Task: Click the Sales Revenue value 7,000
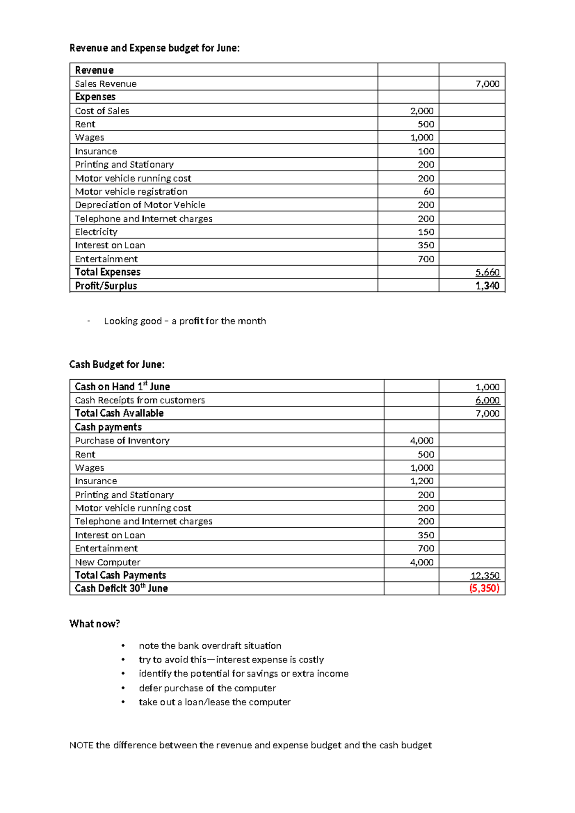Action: [x=487, y=84]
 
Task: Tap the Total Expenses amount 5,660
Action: [x=487, y=272]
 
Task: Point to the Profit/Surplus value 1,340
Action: [x=487, y=286]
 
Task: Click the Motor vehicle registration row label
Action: [x=131, y=192]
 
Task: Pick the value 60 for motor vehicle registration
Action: [x=428, y=192]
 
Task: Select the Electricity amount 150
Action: [x=425, y=232]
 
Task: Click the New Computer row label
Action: [x=108, y=562]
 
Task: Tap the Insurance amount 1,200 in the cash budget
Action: [x=422, y=481]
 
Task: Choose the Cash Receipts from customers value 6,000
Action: [x=487, y=400]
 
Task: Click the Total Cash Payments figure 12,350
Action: [x=485, y=575]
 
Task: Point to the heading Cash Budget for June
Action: [x=117, y=364]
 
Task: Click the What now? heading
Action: [x=94, y=624]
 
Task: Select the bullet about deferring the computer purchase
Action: [x=207, y=688]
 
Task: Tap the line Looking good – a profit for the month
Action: [x=184, y=321]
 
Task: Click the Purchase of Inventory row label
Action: [x=122, y=441]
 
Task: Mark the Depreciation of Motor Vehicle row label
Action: [x=140, y=205]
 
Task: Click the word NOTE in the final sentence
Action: [x=81, y=745]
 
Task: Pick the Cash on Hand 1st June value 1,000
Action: [x=487, y=387]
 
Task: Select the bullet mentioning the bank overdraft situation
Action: [x=210, y=646]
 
